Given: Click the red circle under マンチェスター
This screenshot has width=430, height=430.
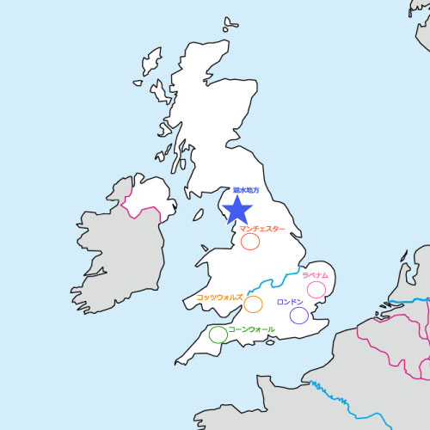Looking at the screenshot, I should pos(250,242).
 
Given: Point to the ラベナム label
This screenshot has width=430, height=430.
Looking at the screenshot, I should pos(316,275).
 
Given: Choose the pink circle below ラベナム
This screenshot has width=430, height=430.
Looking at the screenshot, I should pos(316,290).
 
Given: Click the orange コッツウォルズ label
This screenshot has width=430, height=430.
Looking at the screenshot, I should pos(219,296).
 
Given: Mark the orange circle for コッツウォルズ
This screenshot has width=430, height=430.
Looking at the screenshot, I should pos(253,304).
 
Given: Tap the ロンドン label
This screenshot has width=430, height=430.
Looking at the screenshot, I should pos(290,303).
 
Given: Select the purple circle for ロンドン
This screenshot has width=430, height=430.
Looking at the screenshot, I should pos(299,316).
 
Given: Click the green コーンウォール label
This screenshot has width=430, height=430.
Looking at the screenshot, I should pos(251,329).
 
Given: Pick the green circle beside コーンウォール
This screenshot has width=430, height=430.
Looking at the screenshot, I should pos(218,334).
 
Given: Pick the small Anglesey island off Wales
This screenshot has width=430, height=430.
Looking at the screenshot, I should pos(196,260).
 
